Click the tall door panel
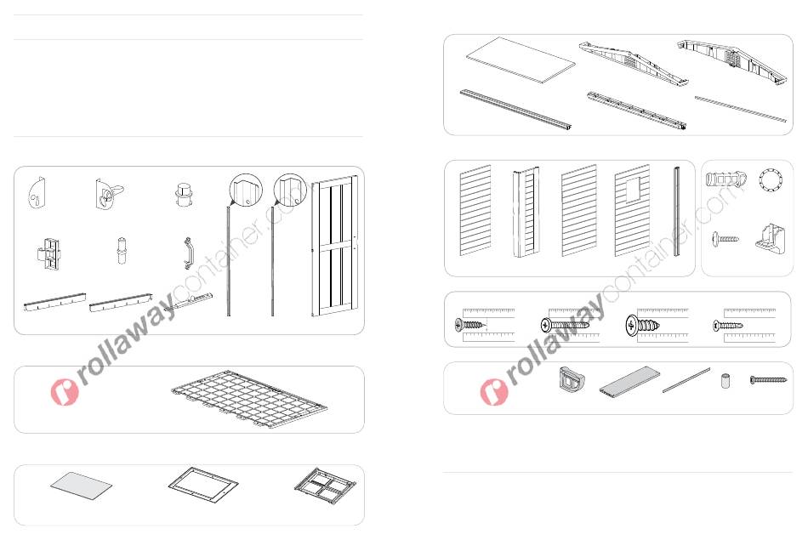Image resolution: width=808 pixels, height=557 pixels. tap(333, 247)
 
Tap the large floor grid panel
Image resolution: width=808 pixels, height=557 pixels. tap(249, 398)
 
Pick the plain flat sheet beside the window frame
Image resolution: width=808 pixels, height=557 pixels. tap(82, 486)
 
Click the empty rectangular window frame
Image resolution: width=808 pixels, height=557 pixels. tap(203, 486)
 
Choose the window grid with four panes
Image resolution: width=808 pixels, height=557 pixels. tap(325, 486)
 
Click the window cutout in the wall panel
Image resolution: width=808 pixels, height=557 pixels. tap(634, 191)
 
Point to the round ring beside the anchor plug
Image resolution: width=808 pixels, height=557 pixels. tap(771, 180)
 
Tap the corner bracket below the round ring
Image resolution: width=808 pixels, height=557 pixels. tap(771, 237)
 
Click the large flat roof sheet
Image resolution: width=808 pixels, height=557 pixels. tap(521, 60)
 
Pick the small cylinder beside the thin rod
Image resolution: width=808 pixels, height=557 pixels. tap(725, 381)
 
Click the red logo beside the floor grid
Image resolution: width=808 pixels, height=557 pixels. tap(65, 392)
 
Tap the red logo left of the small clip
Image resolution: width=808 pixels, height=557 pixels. tap(494, 392)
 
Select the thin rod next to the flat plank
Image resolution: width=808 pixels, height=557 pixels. tap(686, 380)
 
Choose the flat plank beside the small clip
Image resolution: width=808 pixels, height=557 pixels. tap(629, 381)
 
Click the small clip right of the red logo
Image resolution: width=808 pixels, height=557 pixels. tap(572, 380)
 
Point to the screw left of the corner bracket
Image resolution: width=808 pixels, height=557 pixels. tap(725, 239)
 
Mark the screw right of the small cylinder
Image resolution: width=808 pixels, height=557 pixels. tap(768, 380)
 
